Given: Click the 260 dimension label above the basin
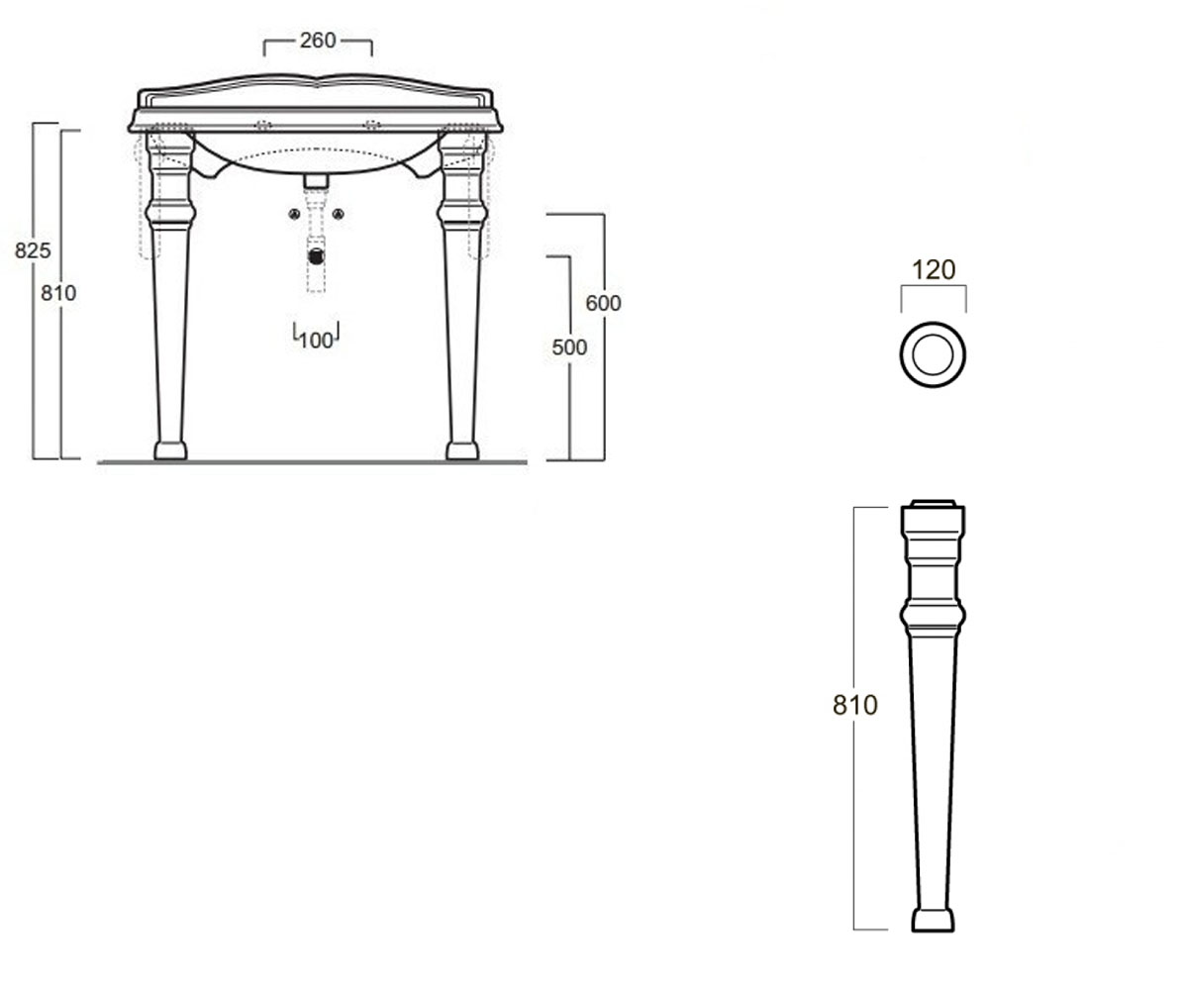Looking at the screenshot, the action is [318, 41].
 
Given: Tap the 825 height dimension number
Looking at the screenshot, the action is [33, 250].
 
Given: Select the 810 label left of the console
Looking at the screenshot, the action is [58, 293].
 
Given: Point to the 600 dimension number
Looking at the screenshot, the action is [603, 303].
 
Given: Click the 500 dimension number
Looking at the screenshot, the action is [569, 347].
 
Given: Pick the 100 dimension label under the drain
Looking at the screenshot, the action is [316, 341].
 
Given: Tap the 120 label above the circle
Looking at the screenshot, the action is [934, 269].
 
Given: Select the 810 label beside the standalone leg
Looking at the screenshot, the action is [855, 706].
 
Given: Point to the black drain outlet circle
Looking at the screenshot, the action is [316, 256].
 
